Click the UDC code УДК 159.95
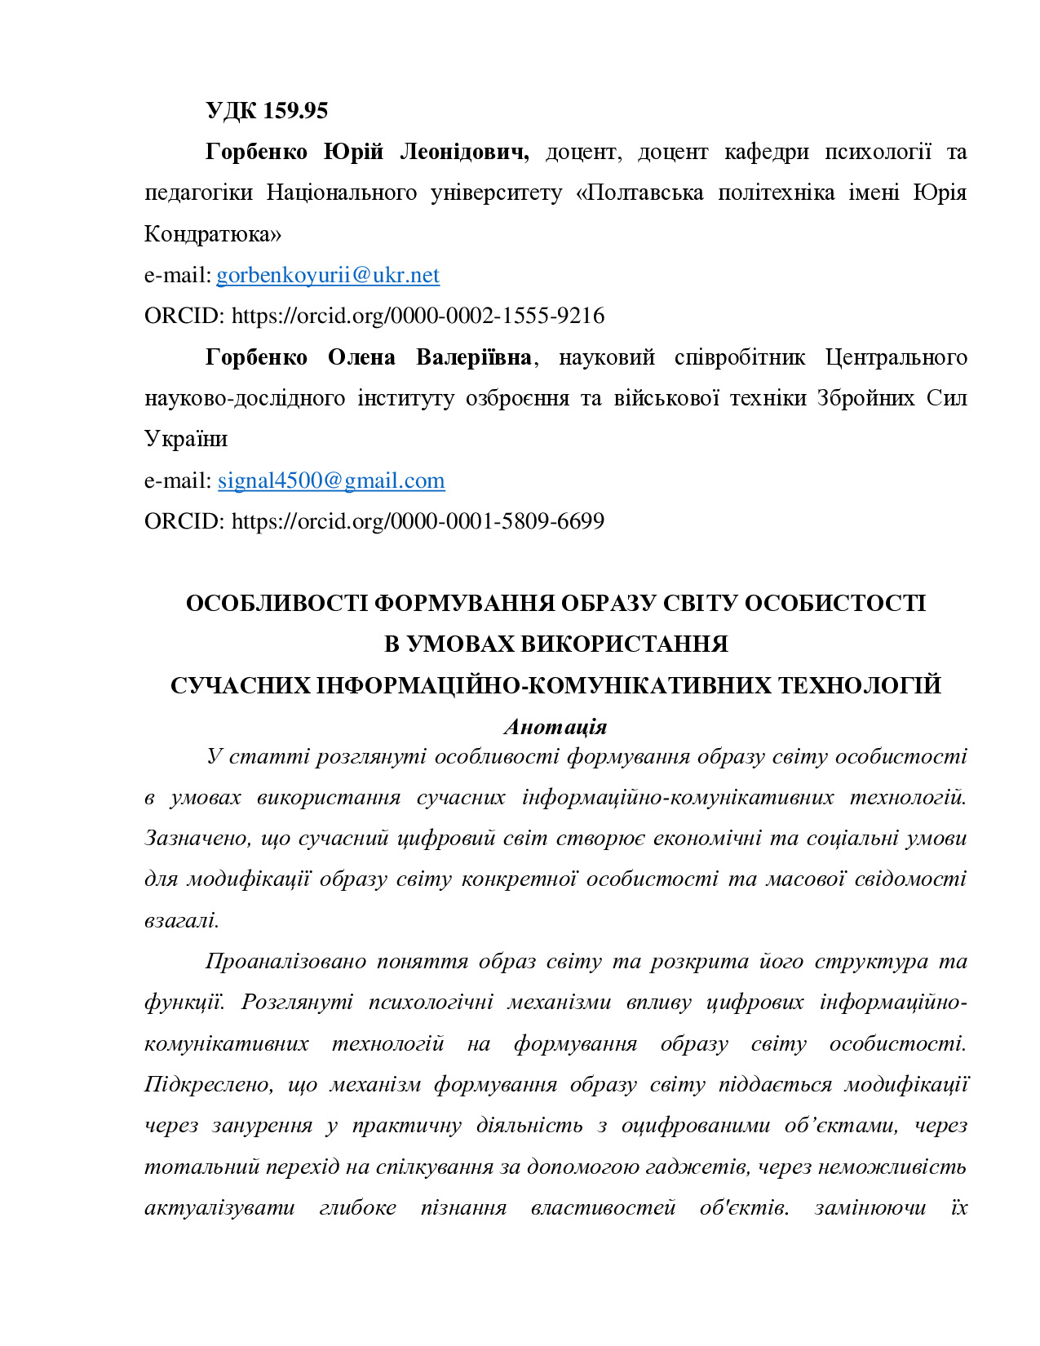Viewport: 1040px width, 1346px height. (267, 111)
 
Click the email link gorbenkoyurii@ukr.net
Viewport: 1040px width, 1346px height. (328, 275)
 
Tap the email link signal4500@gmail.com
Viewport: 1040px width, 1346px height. (331, 480)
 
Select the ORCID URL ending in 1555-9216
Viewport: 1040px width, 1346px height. (418, 316)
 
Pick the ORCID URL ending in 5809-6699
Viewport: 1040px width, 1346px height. (418, 521)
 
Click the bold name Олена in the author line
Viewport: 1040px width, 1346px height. (361, 357)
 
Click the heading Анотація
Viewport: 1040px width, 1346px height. (555, 727)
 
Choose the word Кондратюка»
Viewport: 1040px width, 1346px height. (213, 234)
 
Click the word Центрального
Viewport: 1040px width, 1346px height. (896, 357)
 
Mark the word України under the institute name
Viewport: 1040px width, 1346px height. (186, 439)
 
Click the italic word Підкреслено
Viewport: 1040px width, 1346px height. (210, 1084)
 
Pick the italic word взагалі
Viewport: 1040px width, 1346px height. (181, 920)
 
